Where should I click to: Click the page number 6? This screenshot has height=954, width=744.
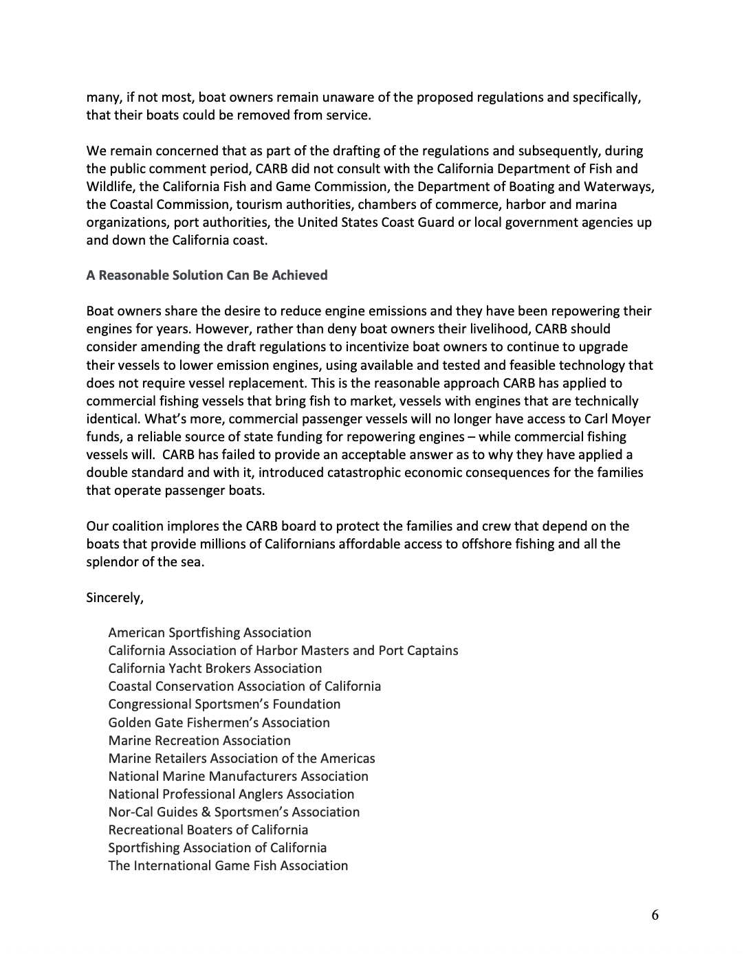[x=655, y=915]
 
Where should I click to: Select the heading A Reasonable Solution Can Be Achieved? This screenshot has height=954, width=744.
[x=206, y=275]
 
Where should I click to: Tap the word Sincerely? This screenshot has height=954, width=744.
[x=114, y=597]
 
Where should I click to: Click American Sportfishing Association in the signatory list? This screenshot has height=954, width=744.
[x=209, y=632]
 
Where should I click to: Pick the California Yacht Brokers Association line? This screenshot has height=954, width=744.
[x=215, y=668]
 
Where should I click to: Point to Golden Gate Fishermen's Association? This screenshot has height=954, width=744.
[x=219, y=722]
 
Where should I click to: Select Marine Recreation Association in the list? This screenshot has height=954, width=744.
[x=199, y=740]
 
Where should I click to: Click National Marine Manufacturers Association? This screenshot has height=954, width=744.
[x=238, y=776]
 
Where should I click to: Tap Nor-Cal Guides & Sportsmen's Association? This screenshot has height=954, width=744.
[x=234, y=812]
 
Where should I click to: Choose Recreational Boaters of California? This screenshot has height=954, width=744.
[x=208, y=830]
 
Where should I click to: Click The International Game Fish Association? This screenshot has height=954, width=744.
[x=228, y=865]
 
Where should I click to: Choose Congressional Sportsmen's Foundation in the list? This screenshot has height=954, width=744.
[x=224, y=704]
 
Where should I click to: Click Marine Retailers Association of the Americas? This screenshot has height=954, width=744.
[x=241, y=758]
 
